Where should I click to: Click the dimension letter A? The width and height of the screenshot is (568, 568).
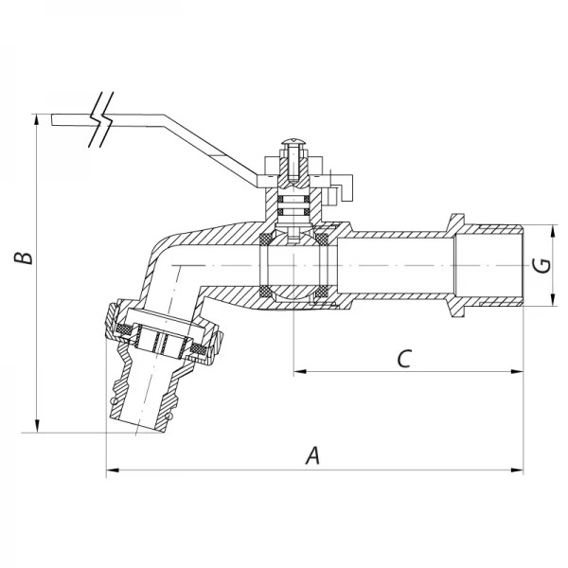coord(313,454)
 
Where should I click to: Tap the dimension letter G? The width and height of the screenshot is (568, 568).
coord(541,266)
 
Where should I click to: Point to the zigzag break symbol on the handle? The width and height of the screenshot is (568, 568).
coord(98,122)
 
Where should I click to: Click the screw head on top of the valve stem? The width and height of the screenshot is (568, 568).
coord(293,149)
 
